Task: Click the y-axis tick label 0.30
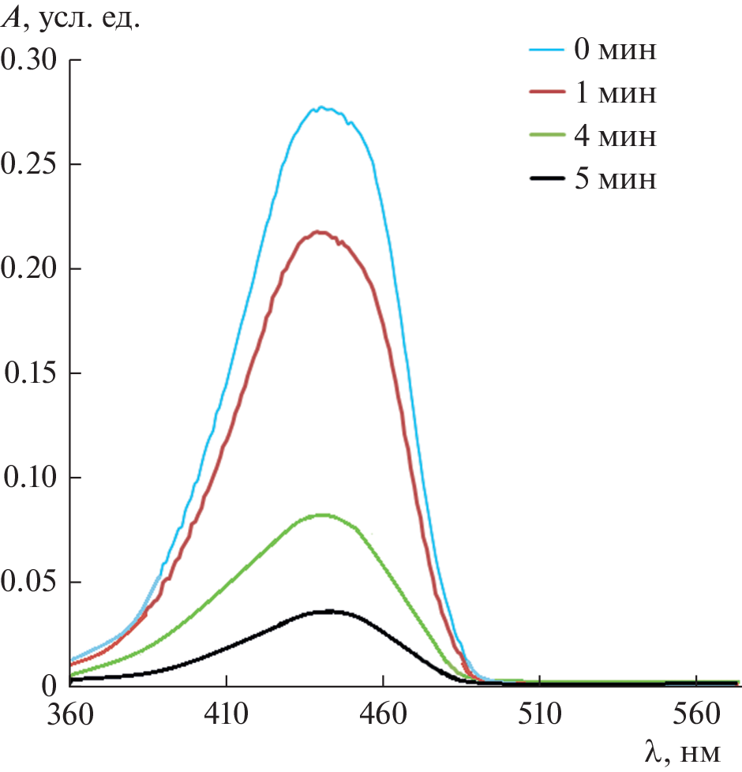click(x=31, y=60)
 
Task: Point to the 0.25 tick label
click(x=31, y=164)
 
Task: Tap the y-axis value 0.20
click(x=31, y=268)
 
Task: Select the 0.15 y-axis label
click(x=31, y=373)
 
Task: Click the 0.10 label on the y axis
click(x=31, y=478)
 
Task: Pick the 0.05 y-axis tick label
click(x=31, y=582)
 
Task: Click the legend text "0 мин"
click(x=615, y=51)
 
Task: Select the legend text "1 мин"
click(x=615, y=94)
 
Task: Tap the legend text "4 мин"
click(x=615, y=137)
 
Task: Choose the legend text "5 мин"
click(x=615, y=179)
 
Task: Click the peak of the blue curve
click(x=322, y=107)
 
